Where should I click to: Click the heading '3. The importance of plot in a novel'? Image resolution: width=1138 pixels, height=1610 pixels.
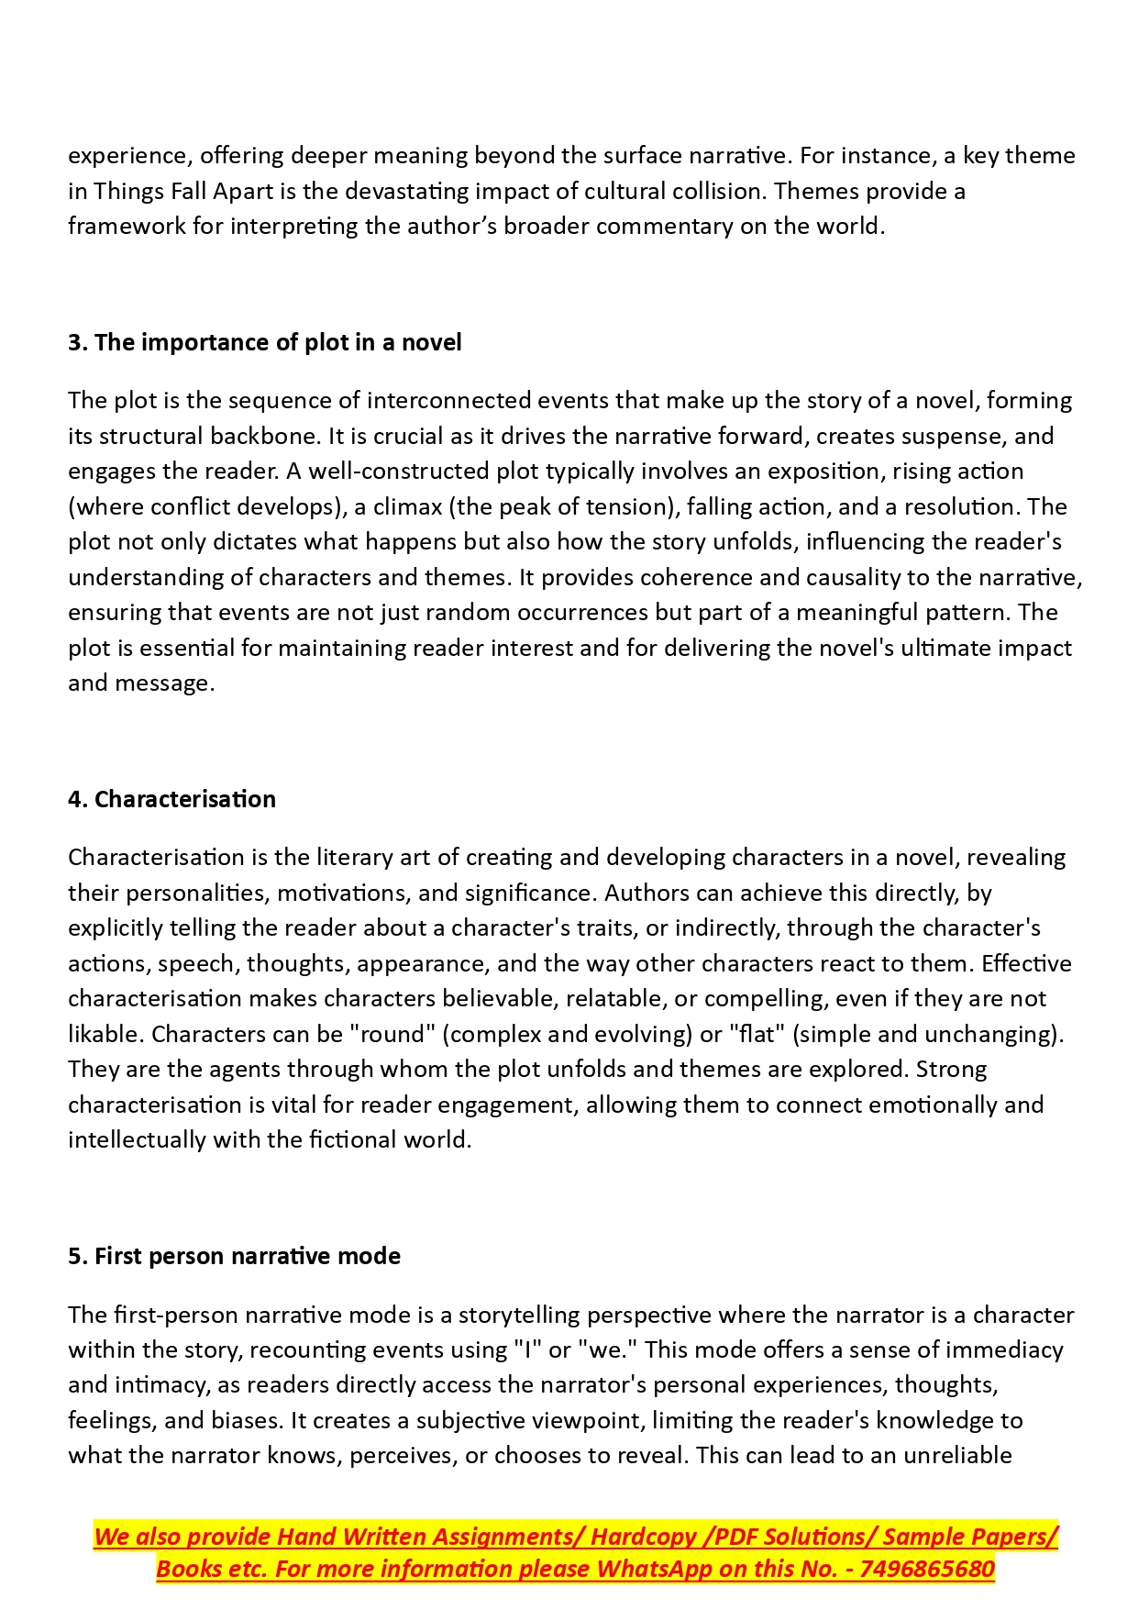[x=264, y=342]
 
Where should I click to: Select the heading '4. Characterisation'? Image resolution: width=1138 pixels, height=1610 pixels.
[x=171, y=799]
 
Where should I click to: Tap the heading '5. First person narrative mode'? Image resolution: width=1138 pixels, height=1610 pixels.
[x=234, y=1256]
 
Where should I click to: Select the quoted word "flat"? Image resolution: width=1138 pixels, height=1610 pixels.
[x=757, y=1034]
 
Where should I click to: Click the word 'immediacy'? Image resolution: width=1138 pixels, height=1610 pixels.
[x=1004, y=1349]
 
